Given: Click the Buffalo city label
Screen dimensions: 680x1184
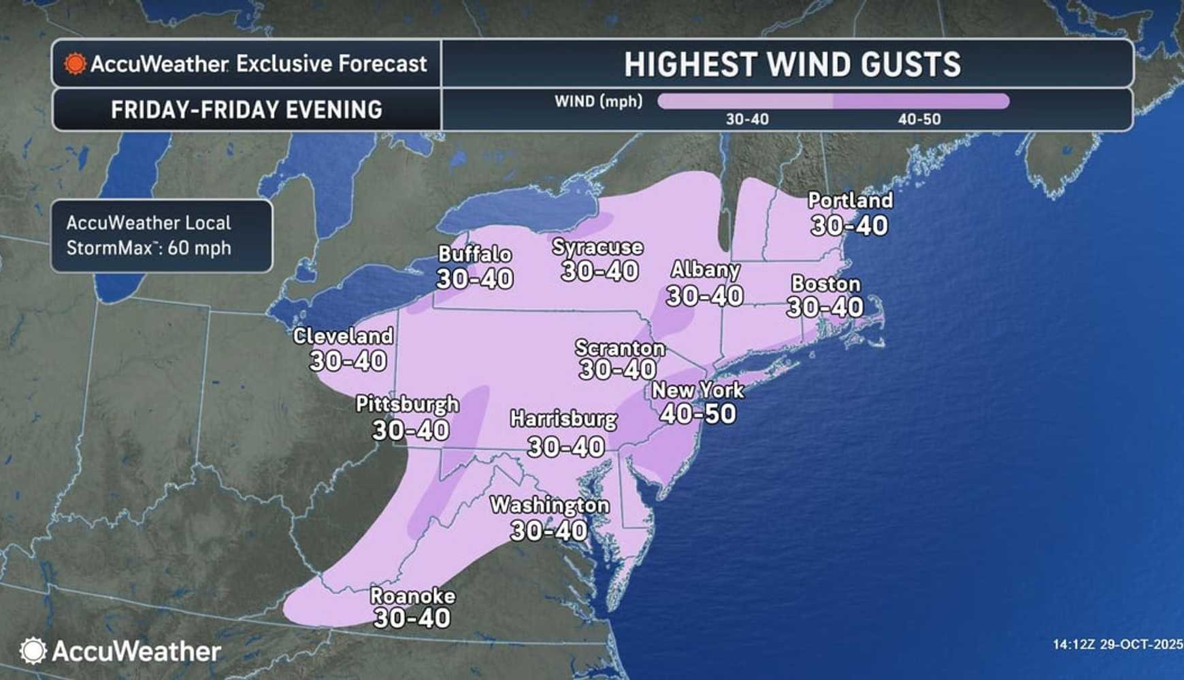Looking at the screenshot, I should tap(474, 254).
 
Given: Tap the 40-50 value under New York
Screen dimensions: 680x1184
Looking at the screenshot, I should tap(698, 413).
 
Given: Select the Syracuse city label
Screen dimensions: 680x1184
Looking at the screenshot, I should tap(597, 247).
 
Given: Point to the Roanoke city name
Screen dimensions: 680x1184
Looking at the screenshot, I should tap(412, 596).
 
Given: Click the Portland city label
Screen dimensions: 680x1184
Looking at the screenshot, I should tap(850, 201).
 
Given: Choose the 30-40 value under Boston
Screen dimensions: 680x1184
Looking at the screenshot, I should tap(825, 307).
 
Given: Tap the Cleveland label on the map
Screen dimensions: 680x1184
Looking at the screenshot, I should tap(343, 336).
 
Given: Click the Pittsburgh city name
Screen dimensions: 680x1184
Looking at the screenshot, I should tap(407, 405).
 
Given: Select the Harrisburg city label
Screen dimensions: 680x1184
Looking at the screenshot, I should tap(563, 419).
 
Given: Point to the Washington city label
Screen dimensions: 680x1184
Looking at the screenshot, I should tap(549, 505).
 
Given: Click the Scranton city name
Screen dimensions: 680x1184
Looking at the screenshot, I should tap(619, 348).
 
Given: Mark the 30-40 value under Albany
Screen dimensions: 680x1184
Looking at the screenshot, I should tap(704, 296).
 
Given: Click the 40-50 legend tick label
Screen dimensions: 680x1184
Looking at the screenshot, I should tap(919, 120).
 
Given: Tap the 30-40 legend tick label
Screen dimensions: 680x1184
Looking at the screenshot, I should tap(746, 120).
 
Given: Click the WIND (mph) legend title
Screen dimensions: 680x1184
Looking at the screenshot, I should tap(598, 102).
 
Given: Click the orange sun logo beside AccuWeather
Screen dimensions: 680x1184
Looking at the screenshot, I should tap(75, 64).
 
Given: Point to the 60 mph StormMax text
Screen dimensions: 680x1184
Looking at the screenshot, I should tap(199, 248).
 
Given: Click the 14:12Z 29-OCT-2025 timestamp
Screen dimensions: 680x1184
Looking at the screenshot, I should tap(1117, 644).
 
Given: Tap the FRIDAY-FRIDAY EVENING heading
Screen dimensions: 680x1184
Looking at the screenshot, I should tap(246, 110).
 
